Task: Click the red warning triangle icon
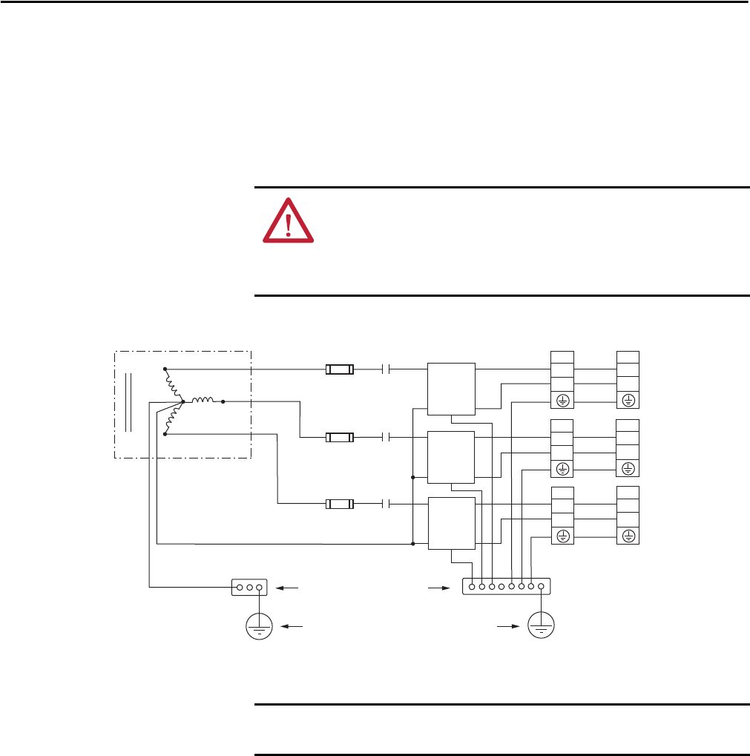288,220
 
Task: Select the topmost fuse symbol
340,369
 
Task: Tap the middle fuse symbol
340,438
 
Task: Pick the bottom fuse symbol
340,504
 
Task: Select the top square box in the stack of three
452,388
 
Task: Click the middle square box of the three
451,456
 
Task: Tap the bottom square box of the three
452,523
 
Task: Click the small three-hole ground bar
249,587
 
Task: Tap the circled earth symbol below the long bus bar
542,627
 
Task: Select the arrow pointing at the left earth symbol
294,627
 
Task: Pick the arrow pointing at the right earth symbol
507,627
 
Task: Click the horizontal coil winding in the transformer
203,401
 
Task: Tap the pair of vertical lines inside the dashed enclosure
128,401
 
